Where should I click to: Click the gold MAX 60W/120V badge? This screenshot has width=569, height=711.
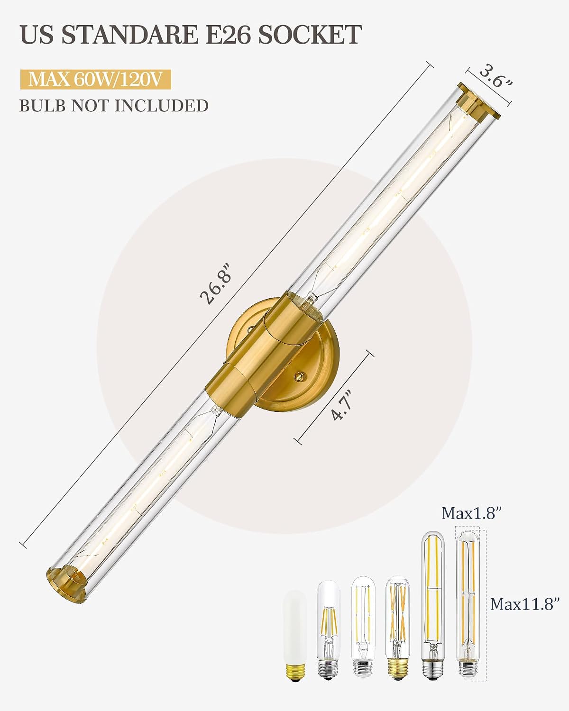click(x=96, y=79)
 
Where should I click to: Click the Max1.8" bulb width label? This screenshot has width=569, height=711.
click(x=472, y=513)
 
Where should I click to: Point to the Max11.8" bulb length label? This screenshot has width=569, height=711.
click(x=525, y=604)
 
